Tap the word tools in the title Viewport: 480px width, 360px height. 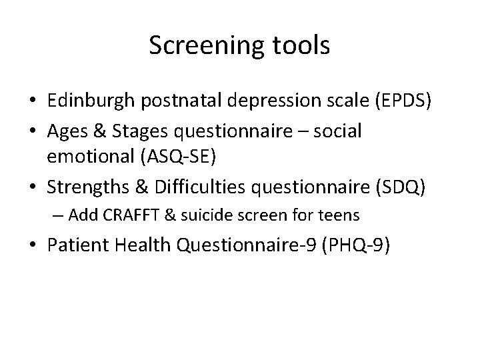pos(297,46)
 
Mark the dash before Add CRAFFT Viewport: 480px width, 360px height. pos(59,215)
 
